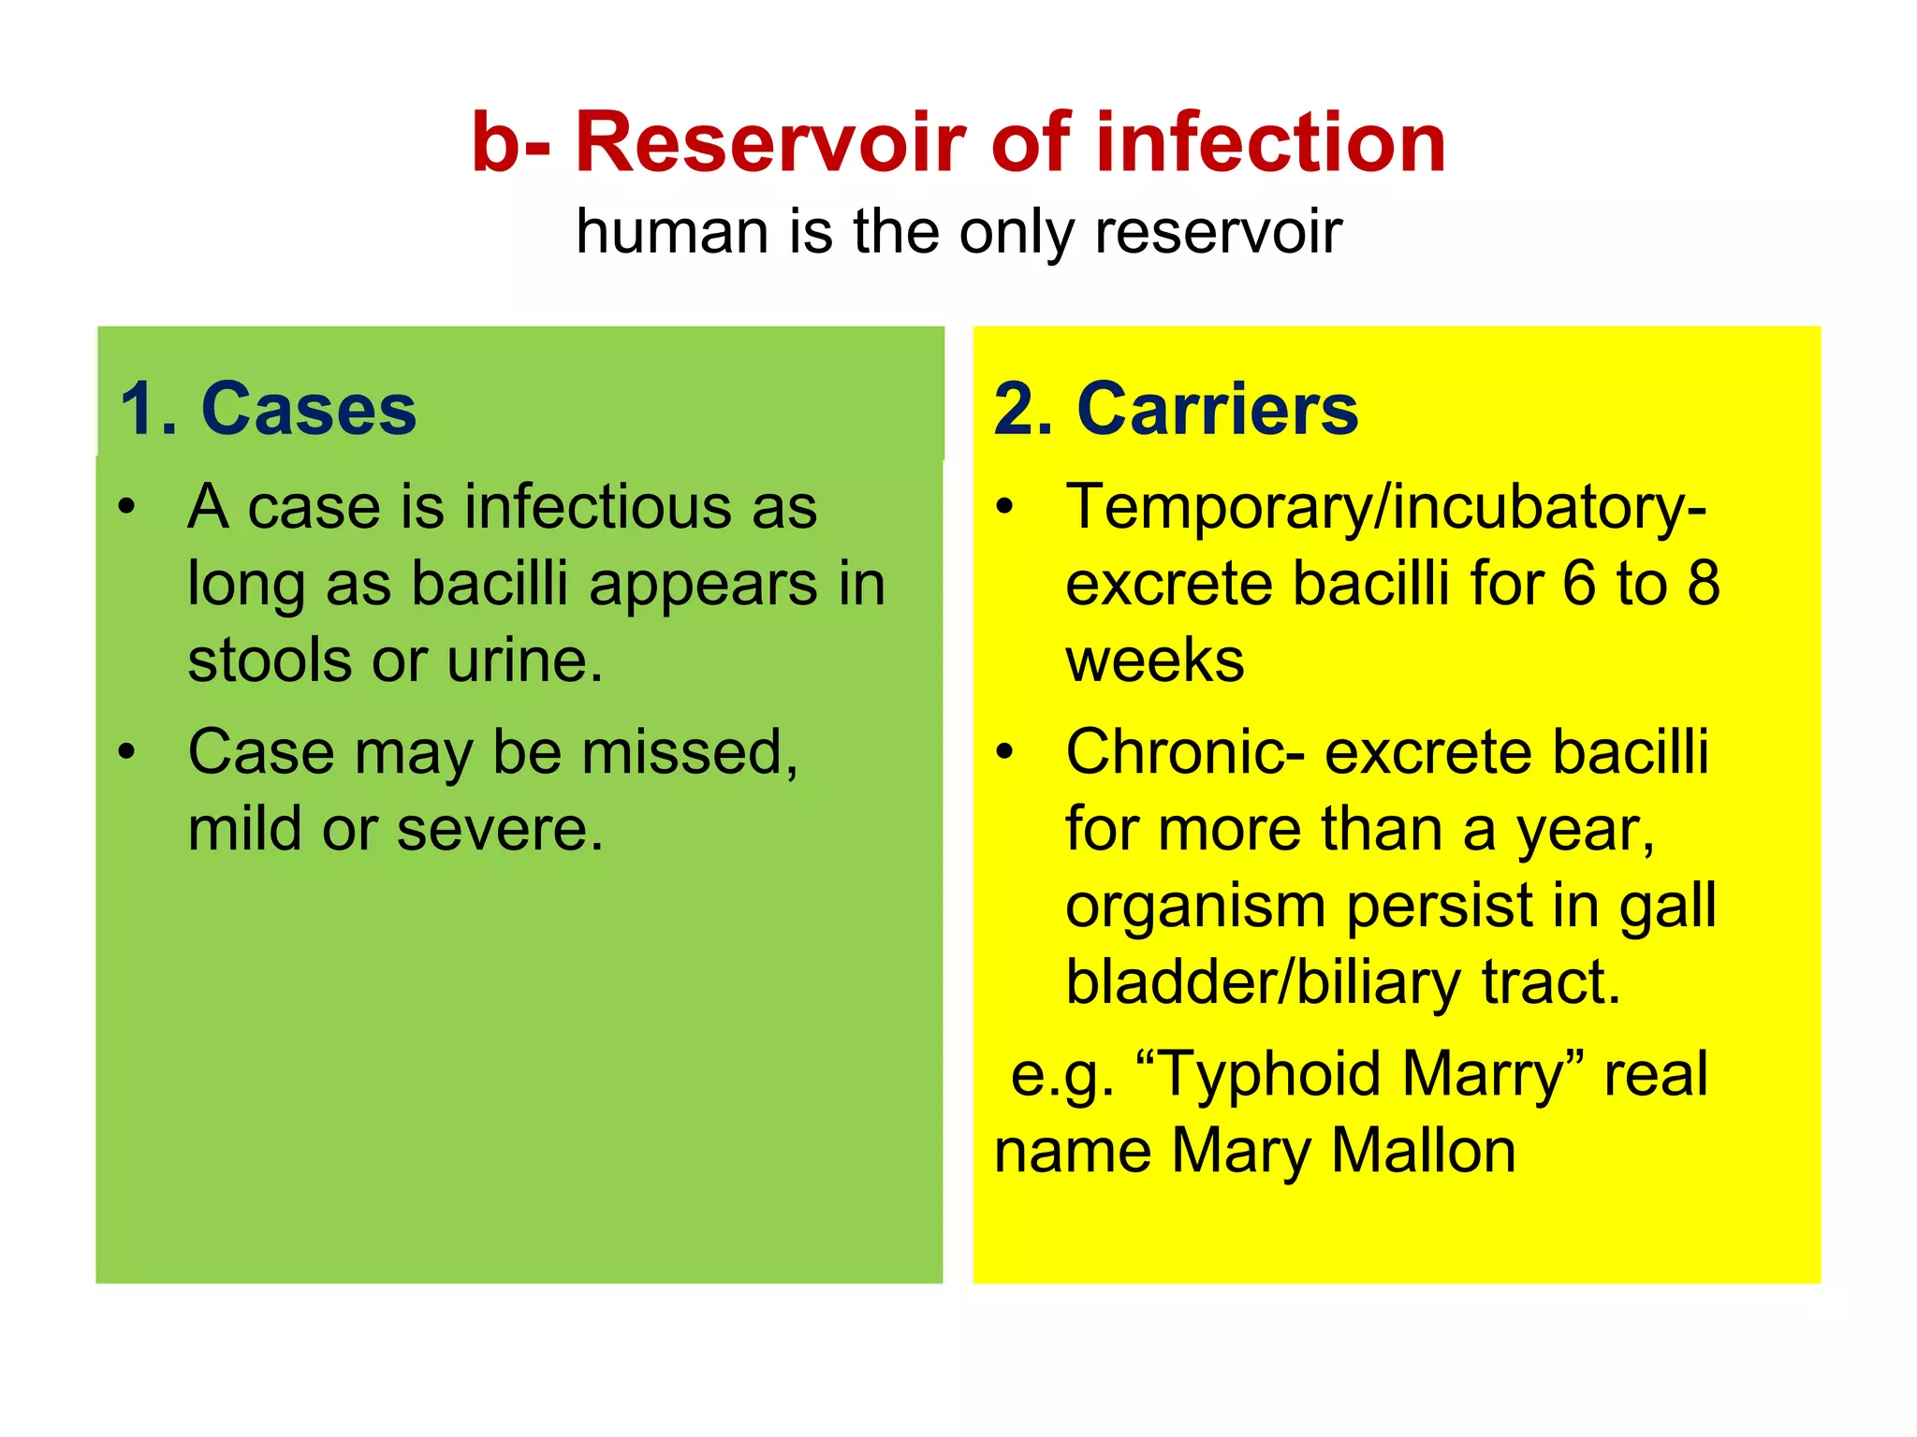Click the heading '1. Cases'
[x=269, y=409]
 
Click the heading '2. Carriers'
[x=1176, y=409]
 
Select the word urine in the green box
[x=524, y=660]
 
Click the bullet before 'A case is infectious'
[x=127, y=508]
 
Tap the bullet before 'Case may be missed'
[x=127, y=752]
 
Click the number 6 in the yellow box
[x=1578, y=584]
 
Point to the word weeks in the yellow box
[x=1155, y=660]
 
